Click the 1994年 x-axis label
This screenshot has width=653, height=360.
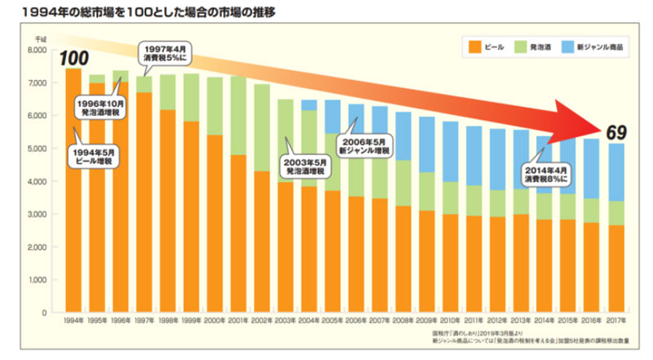point(72,320)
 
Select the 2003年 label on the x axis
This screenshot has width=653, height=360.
point(286,320)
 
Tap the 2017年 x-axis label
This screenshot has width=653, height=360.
point(617,320)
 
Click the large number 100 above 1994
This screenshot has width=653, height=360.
point(73,58)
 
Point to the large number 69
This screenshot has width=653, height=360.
point(616,131)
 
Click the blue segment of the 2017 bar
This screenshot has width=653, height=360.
point(617,172)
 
